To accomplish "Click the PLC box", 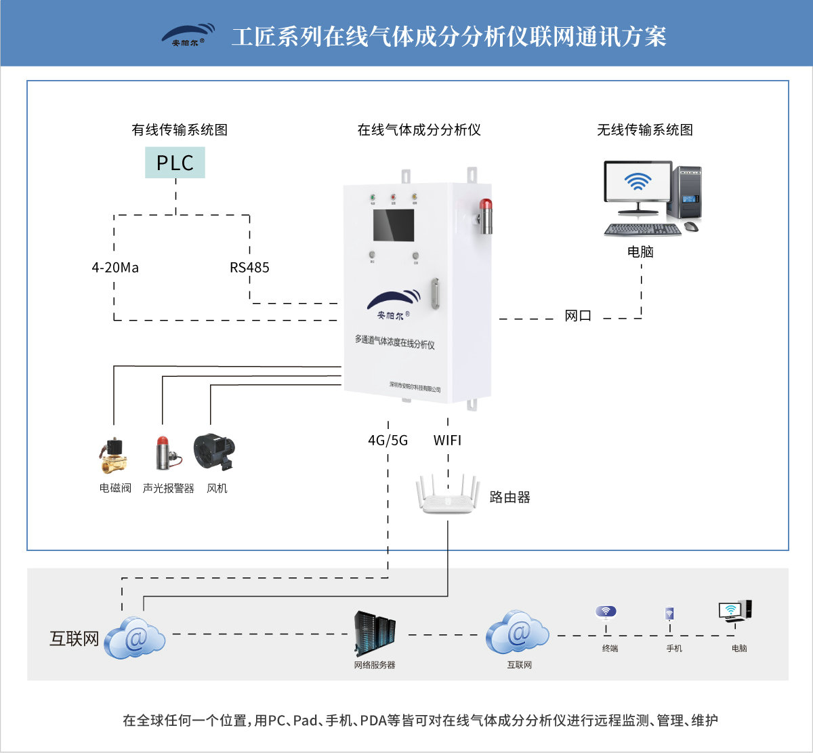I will click(175, 163).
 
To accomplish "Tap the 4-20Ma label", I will click(115, 268).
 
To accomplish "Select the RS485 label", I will click(249, 268).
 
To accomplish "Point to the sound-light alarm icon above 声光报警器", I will click(165, 453).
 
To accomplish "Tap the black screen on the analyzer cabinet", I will click(393, 226).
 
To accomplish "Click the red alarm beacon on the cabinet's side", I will click(485, 215).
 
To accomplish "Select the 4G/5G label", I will click(388, 441).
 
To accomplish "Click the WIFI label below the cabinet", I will click(447, 441).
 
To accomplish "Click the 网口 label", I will click(578, 316).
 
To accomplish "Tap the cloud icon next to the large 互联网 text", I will click(135, 638).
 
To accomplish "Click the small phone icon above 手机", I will click(669, 614).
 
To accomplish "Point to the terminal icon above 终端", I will click(606, 612).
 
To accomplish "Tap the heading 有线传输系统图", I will click(180, 130).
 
